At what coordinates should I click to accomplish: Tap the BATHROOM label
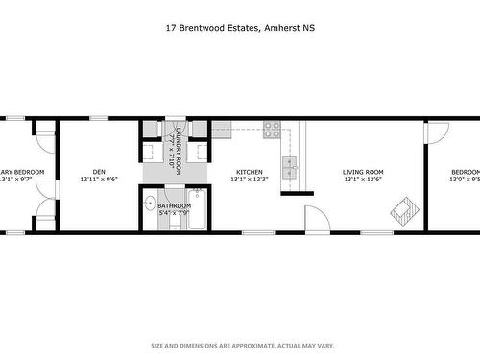[x=173, y=205]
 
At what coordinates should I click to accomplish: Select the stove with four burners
[x=272, y=130]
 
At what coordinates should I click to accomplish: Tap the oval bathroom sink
[x=151, y=204]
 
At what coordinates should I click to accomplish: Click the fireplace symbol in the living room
[x=403, y=209]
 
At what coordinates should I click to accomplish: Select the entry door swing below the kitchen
[x=317, y=218]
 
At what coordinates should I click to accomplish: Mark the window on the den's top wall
[x=99, y=119]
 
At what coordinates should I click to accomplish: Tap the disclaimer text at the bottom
[x=239, y=345]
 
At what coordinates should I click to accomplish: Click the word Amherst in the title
[x=283, y=28]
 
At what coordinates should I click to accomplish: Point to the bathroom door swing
[x=175, y=224]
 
